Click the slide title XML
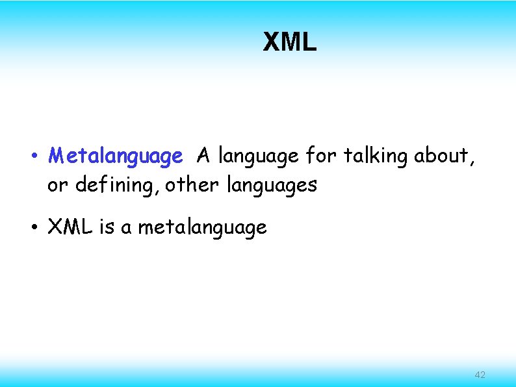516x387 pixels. coord(289,42)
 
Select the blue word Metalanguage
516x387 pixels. coord(116,156)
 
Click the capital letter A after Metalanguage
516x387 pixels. coord(204,156)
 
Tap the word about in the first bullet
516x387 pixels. coord(440,156)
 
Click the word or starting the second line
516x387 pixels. coord(58,186)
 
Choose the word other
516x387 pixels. coord(193,185)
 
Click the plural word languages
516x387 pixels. coord(272,186)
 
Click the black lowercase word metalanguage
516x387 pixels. coord(202,228)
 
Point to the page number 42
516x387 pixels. coord(480,375)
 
